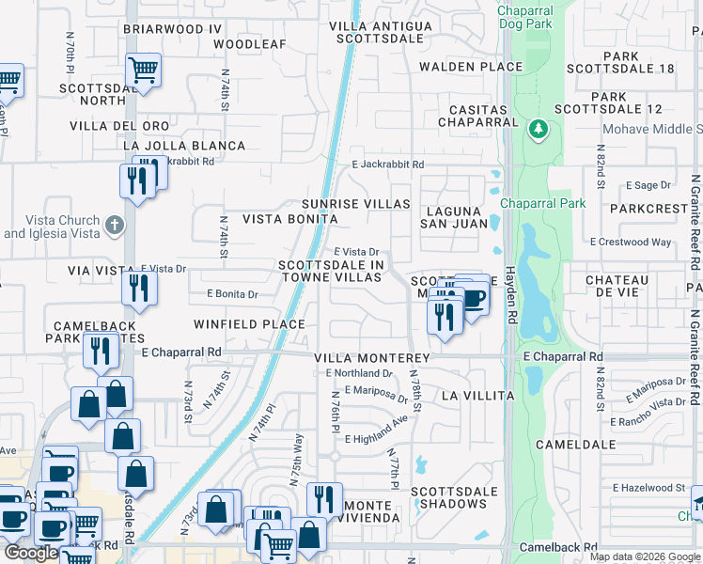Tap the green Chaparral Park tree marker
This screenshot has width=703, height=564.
click(x=539, y=128)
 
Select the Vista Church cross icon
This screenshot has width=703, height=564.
click(x=114, y=225)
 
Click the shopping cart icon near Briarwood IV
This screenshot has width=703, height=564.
click(x=143, y=69)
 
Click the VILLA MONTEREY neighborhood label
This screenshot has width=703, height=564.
click(x=371, y=358)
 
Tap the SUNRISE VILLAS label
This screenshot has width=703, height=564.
click(x=355, y=204)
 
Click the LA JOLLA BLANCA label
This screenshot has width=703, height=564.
click(x=184, y=146)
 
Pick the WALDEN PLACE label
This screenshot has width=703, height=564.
click(x=470, y=67)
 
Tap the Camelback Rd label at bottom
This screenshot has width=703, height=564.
click(x=559, y=546)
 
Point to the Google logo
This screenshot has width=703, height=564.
click(x=30, y=553)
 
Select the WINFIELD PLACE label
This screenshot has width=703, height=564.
click(x=249, y=324)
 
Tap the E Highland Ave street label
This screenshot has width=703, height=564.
click(x=377, y=439)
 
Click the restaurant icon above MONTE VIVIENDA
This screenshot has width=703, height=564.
click(x=324, y=498)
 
